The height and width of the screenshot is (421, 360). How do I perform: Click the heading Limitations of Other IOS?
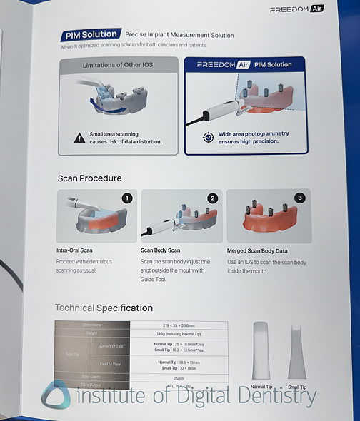click(x=117, y=65)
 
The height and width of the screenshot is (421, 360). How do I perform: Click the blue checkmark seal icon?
click(x=208, y=137)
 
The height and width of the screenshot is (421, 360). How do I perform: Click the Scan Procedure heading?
click(x=89, y=178)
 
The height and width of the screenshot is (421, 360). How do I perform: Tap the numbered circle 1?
click(x=127, y=198)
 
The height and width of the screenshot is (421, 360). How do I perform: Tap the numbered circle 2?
click(x=212, y=198)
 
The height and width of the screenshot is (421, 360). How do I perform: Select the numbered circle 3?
click(x=299, y=198)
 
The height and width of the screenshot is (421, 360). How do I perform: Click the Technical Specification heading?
click(x=104, y=308)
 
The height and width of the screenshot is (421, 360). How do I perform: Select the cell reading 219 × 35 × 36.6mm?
click(x=179, y=325)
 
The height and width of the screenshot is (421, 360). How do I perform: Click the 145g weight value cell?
click(x=179, y=333)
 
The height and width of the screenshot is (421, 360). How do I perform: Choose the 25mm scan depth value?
click(x=179, y=377)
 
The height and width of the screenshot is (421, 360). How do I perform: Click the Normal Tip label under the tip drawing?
click(x=261, y=387)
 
